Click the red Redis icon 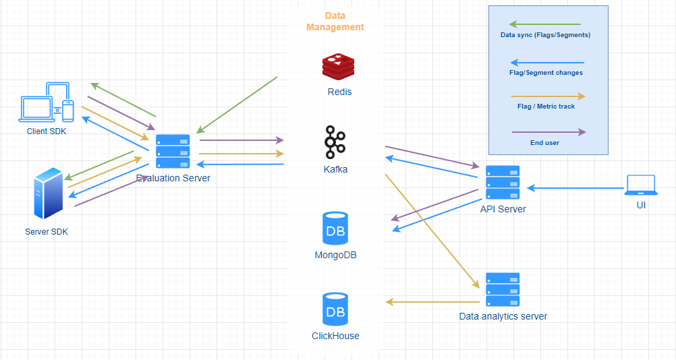click(x=339, y=67)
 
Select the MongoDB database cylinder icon click(x=335, y=228)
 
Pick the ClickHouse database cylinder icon click(x=335, y=309)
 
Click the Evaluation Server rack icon click(x=173, y=151)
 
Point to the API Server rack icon click(x=503, y=182)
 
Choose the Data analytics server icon click(x=503, y=290)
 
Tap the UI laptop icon click(x=641, y=185)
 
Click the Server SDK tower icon click(x=47, y=194)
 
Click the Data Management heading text click(x=335, y=21)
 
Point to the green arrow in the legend click(x=546, y=24)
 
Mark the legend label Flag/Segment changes click(x=546, y=72)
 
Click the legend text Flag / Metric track click(x=546, y=106)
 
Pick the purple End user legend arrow click(x=548, y=132)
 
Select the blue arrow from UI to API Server click(x=573, y=187)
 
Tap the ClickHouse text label click(x=335, y=336)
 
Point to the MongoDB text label click(x=335, y=256)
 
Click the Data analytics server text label click(x=503, y=316)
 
